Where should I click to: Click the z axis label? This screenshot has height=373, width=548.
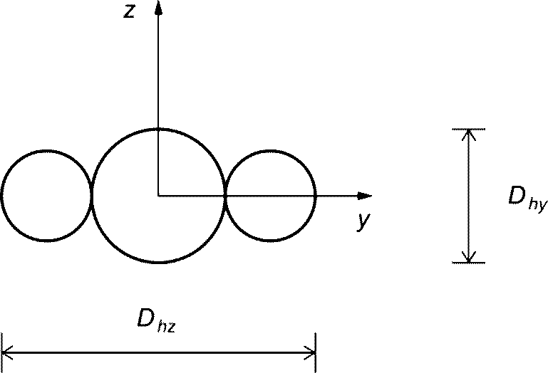tap(129, 11)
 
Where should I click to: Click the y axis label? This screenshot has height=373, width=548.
tap(363, 221)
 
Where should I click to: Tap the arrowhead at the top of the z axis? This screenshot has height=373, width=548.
tap(158, 8)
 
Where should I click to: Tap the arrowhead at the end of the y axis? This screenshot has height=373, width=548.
tap(365, 196)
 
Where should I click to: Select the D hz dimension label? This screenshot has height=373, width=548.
tap(156, 320)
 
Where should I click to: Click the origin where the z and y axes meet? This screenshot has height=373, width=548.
tap(158, 196)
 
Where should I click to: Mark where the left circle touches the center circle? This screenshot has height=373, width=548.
tap(91, 196)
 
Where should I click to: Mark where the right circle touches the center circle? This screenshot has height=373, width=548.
tap(225, 196)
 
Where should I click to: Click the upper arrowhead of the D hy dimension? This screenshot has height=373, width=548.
tap(469, 135)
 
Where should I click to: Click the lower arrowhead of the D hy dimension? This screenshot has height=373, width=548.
tap(469, 257)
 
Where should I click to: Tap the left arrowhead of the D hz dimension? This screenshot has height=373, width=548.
tap(7, 352)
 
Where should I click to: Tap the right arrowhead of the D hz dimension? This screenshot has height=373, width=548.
tap(311, 352)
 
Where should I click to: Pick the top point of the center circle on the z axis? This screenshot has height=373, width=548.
tap(158, 129)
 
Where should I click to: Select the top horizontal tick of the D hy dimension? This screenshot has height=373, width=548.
tap(469, 129)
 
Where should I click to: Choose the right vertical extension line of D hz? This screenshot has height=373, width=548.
tap(316, 353)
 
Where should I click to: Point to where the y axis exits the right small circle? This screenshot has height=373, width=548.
tap(316, 196)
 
